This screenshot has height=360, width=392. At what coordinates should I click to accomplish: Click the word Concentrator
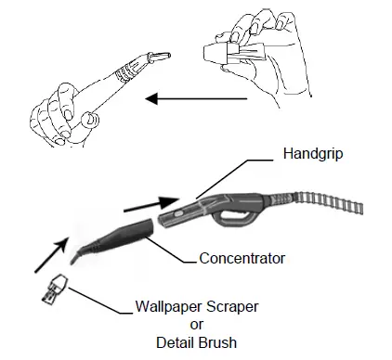click(x=241, y=257)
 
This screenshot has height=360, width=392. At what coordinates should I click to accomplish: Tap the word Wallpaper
click(x=167, y=305)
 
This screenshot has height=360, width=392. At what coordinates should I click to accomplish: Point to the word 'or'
click(x=196, y=324)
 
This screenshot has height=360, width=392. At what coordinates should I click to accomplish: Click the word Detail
click(x=174, y=341)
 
